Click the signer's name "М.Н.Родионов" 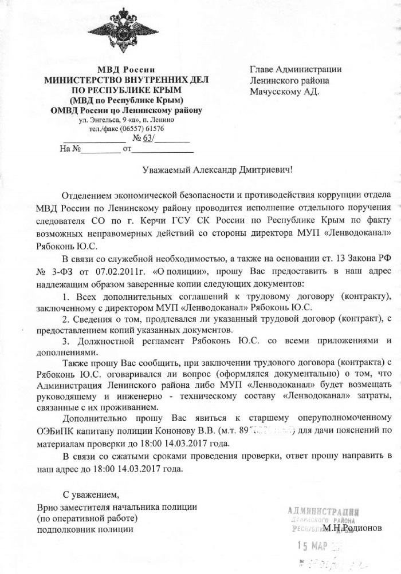351,528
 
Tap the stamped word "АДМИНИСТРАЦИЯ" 324,510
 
